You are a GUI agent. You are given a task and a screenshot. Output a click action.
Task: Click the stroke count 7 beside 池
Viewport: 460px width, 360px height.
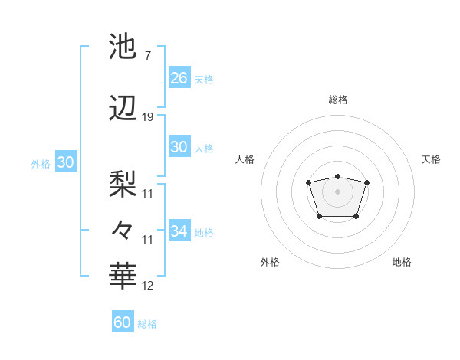147,56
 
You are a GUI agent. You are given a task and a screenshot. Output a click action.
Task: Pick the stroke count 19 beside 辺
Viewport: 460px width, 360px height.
148,117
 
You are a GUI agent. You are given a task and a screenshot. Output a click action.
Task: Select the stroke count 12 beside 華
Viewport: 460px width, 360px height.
148,286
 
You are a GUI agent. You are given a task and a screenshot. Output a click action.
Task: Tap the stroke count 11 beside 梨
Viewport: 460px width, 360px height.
148,193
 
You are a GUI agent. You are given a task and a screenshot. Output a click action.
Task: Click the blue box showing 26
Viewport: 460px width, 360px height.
179,78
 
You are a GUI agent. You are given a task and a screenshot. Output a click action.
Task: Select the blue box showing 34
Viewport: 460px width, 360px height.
179,231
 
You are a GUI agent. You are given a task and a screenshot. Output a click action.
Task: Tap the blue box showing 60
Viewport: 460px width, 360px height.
122,322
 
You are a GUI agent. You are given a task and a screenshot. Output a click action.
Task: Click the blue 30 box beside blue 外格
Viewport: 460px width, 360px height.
65,162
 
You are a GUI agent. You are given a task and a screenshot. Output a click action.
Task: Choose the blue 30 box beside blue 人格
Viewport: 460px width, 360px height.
179,147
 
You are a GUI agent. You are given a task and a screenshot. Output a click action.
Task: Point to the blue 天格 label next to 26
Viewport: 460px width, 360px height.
204,79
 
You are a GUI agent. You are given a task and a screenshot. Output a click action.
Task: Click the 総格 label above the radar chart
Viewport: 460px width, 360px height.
337,100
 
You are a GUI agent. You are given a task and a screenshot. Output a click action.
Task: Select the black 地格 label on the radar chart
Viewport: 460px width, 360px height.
402,262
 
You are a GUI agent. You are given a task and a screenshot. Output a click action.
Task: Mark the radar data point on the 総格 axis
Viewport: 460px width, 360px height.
337,172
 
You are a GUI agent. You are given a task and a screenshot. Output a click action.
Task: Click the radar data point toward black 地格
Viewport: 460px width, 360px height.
356,217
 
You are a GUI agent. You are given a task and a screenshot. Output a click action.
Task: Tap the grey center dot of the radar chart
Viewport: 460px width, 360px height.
337,191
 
